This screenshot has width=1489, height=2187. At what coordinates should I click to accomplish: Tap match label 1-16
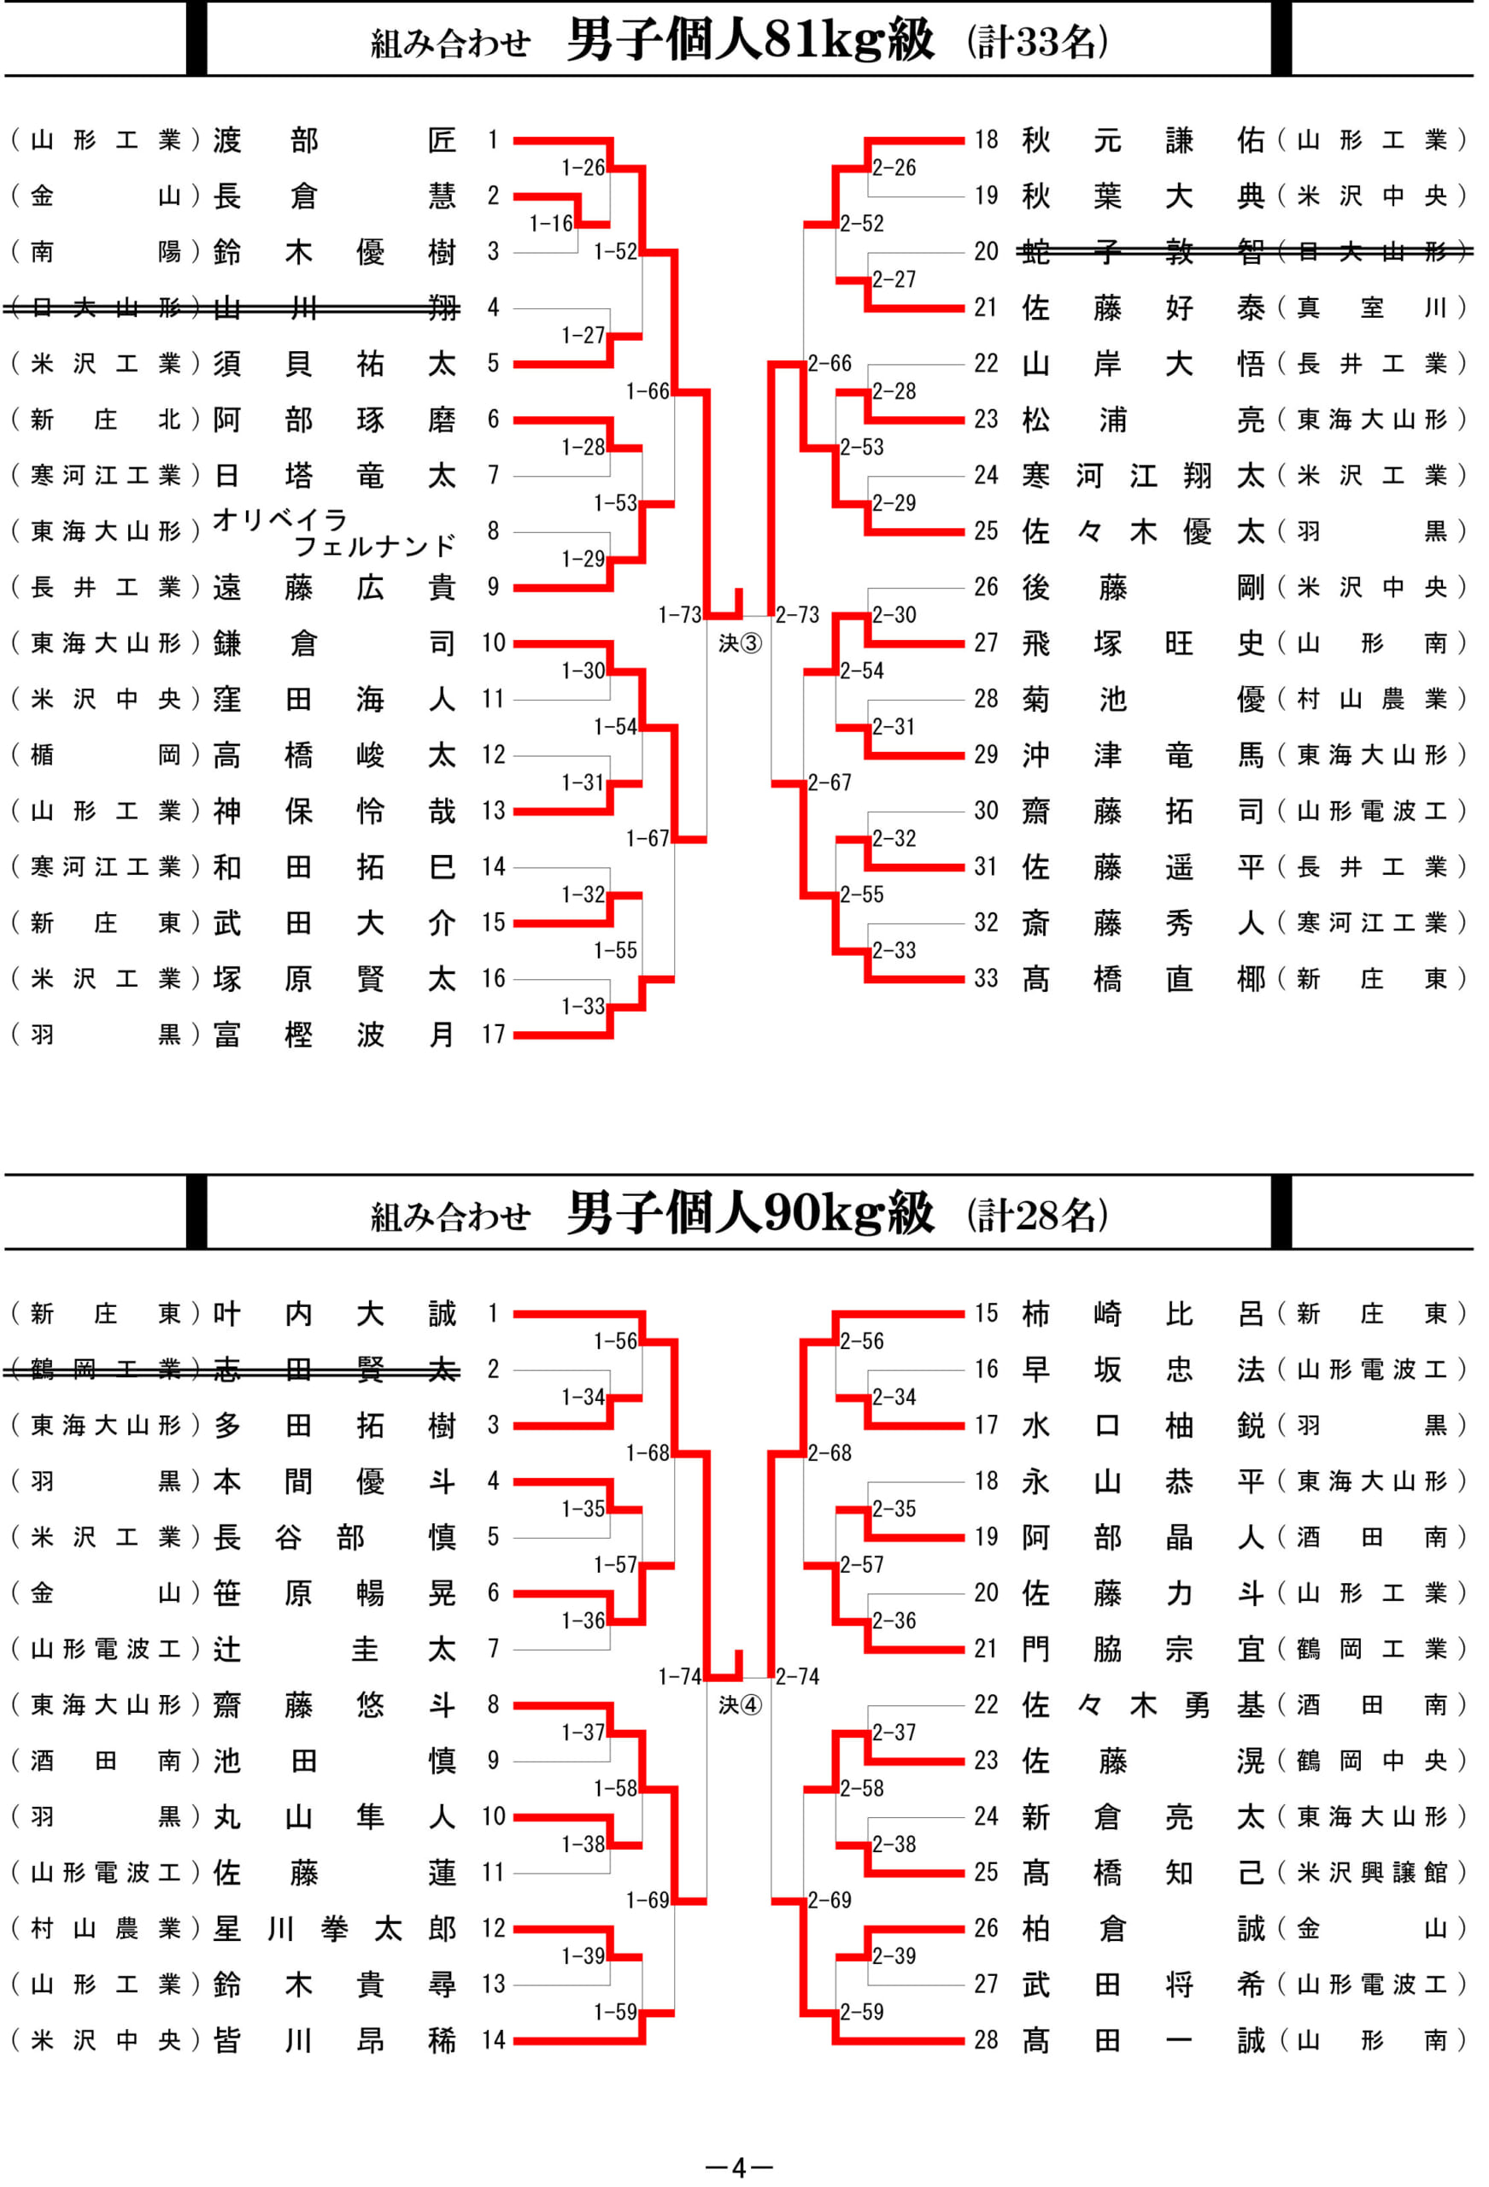click(551, 223)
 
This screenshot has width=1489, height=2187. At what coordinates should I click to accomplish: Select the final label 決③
click(740, 642)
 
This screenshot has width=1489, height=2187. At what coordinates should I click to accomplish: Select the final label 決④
click(740, 1704)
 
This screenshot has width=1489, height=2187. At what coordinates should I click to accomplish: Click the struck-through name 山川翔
click(335, 307)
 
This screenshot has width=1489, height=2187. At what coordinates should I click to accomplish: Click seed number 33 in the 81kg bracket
click(986, 979)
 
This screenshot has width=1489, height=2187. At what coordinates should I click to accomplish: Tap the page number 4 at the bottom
click(739, 2167)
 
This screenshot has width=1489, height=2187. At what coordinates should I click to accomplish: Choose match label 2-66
click(830, 363)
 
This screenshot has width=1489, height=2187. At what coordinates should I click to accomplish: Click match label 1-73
click(679, 614)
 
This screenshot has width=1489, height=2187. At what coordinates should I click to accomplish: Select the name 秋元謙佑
click(1143, 139)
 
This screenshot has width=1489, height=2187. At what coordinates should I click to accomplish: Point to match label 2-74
click(797, 1676)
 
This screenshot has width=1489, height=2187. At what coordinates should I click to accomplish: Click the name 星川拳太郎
click(335, 1928)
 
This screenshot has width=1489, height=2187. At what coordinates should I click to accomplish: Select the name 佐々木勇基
click(1143, 1704)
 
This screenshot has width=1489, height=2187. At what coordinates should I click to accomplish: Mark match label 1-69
click(648, 1900)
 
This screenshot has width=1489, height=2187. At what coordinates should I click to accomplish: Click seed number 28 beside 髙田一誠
click(986, 2039)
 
